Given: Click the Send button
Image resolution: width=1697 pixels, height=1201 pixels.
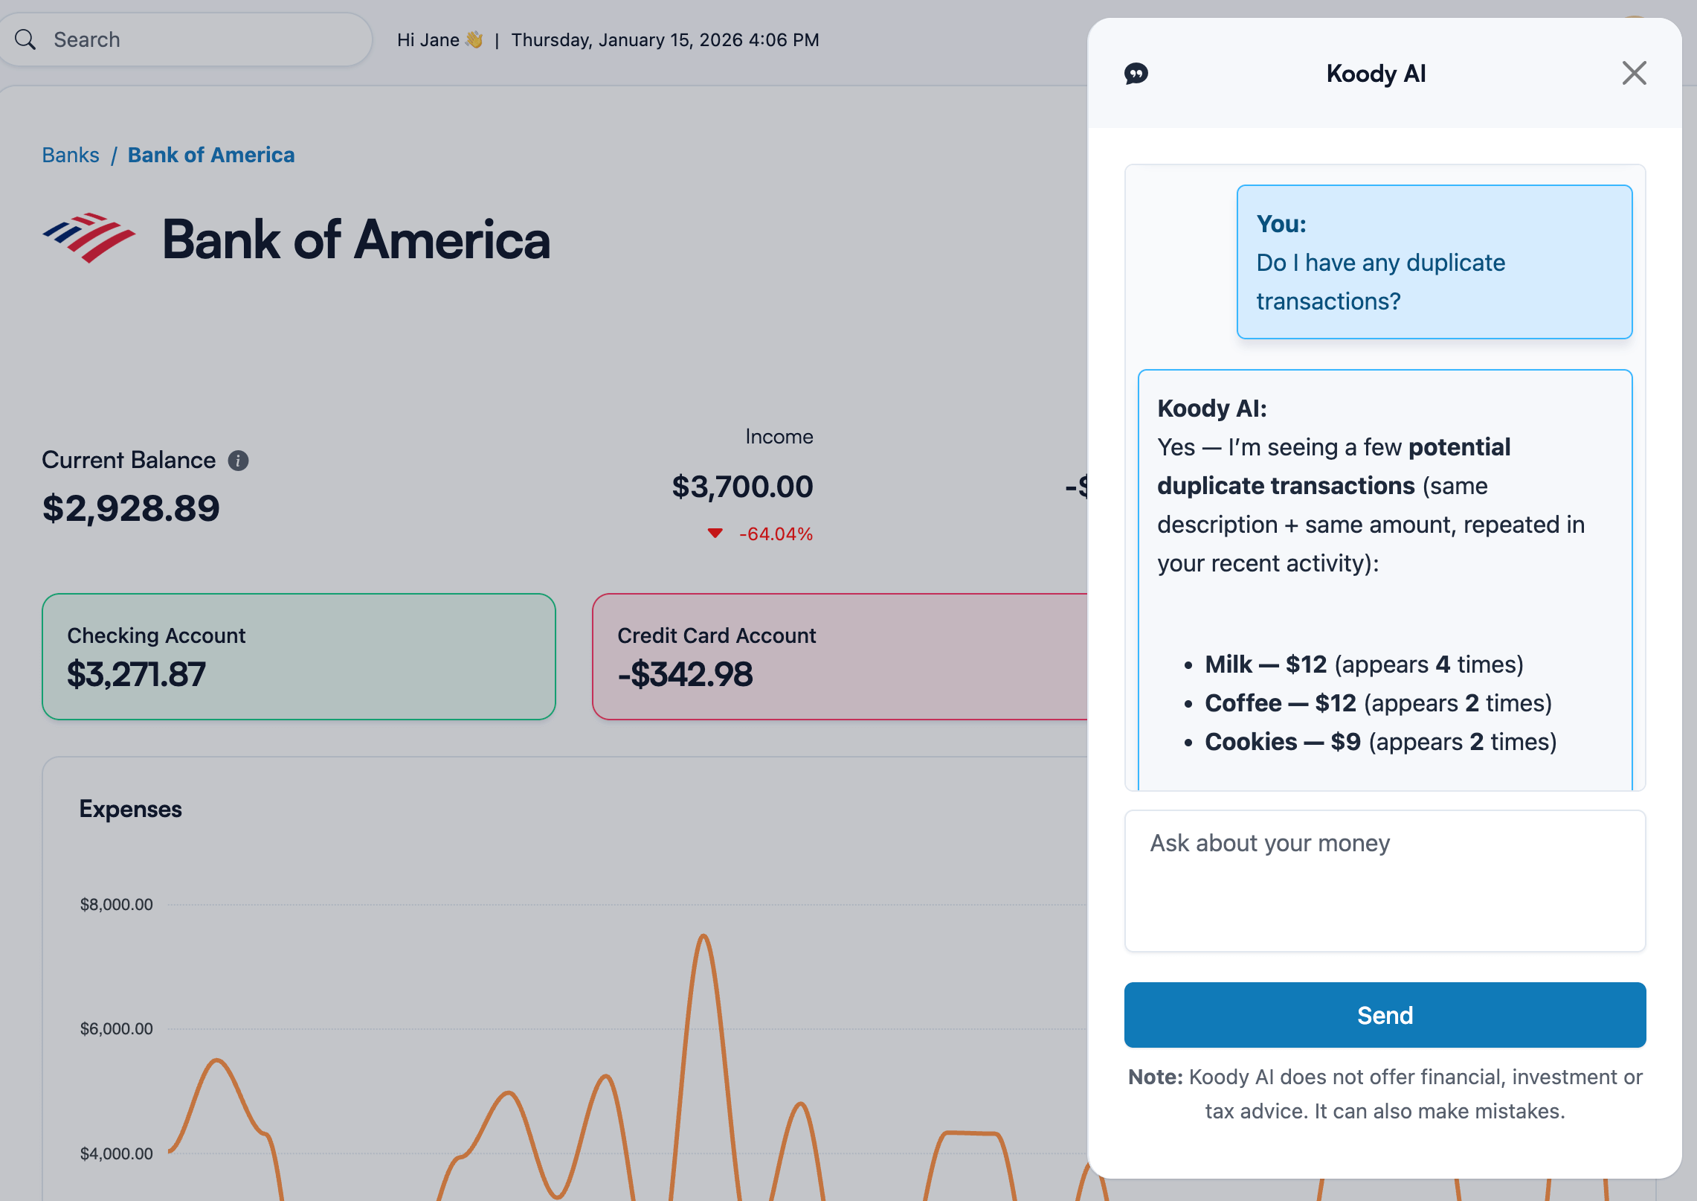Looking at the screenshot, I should (1385, 1015).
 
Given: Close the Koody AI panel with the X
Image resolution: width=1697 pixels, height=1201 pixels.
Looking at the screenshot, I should (1634, 74).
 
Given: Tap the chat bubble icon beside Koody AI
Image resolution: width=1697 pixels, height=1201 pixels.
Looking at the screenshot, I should (1136, 74).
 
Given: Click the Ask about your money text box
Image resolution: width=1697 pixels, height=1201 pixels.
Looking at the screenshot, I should (1385, 880).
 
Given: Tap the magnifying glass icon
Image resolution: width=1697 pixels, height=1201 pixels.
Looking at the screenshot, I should (25, 39).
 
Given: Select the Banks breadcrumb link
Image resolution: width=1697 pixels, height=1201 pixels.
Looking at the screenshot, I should (71, 155).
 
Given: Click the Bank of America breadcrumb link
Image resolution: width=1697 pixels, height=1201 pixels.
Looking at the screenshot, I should (211, 155).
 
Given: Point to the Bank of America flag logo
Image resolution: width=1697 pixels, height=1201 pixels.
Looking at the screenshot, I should (89, 238).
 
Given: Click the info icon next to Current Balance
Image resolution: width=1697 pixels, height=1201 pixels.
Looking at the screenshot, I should (238, 461).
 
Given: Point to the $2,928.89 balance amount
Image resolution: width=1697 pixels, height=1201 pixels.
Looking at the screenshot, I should (131, 508).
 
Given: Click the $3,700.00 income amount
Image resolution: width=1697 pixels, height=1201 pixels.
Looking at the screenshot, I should (742, 487).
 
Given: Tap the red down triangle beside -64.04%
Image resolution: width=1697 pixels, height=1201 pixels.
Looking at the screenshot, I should (715, 533).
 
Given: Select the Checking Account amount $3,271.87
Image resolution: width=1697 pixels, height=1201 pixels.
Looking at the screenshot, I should (136, 674).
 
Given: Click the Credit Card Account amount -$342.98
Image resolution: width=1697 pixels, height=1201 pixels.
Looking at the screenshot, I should (685, 674).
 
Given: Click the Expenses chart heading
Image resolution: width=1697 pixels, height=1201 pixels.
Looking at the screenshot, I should (131, 809).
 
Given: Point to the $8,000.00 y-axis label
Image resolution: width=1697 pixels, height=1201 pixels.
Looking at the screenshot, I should (117, 905).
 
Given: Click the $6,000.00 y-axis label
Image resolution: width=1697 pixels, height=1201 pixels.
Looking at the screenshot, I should (117, 1029).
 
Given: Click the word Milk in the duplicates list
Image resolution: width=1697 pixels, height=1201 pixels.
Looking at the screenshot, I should (1229, 664).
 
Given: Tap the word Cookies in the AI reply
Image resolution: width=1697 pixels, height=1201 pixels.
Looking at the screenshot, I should (1251, 742).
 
